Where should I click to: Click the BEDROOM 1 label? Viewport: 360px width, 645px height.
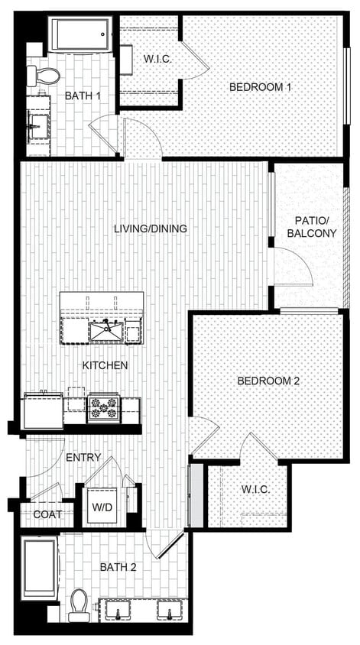[x=260, y=87]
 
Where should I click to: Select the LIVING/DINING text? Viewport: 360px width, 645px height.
[x=151, y=229]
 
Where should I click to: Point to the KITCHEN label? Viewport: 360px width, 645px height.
[x=105, y=365]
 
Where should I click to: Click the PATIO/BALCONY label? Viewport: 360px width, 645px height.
[x=311, y=227]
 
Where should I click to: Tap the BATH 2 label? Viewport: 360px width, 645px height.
[x=118, y=567]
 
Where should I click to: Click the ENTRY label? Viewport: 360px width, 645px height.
[x=83, y=457]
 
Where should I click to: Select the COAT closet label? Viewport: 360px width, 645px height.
[x=47, y=514]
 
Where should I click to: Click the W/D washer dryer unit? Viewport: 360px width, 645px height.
[x=100, y=506]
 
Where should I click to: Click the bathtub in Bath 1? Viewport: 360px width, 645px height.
[x=80, y=34]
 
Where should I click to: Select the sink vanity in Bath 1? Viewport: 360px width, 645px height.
[x=37, y=122]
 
